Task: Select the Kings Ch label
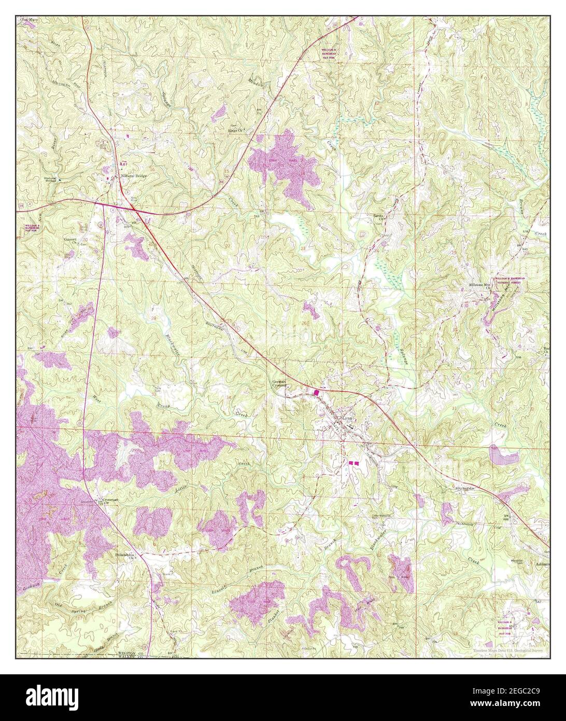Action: tap(236, 130)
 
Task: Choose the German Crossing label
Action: tap(280, 383)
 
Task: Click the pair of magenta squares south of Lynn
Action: tap(353, 462)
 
